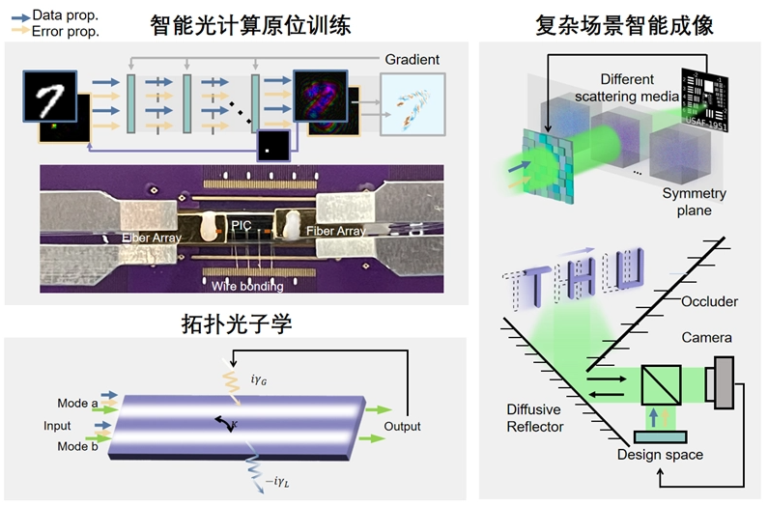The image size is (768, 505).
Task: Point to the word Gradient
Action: (x=412, y=60)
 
